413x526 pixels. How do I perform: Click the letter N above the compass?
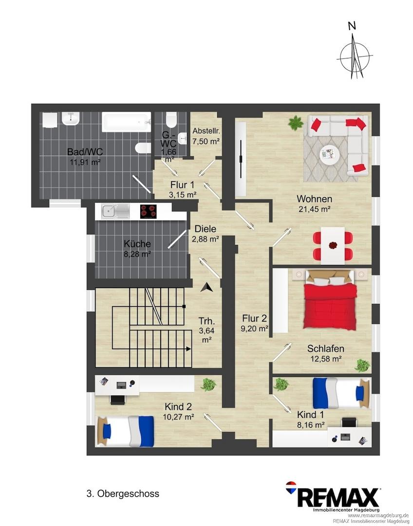[x=352, y=26]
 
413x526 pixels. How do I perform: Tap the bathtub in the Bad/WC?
[x=127, y=122]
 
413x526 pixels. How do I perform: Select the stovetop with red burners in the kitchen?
[x=148, y=212]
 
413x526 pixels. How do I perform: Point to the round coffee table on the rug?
[x=329, y=155]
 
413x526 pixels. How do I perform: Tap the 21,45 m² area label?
[x=315, y=209]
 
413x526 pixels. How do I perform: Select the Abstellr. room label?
[x=206, y=131]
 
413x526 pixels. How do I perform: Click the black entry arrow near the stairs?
[x=206, y=287]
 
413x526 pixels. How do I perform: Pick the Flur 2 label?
[x=255, y=319]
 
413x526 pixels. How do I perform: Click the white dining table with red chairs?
[x=333, y=245]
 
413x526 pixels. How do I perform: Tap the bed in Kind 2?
[x=126, y=431]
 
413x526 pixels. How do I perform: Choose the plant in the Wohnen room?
[x=295, y=123]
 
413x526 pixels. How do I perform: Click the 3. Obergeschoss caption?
[x=123, y=494]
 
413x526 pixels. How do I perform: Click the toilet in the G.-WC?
[x=171, y=120]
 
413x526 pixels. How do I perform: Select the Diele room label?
[x=206, y=229]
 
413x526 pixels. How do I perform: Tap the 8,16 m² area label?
[x=311, y=425]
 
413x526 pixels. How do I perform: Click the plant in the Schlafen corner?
[x=362, y=365]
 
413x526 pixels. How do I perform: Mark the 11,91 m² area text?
[x=85, y=162]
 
